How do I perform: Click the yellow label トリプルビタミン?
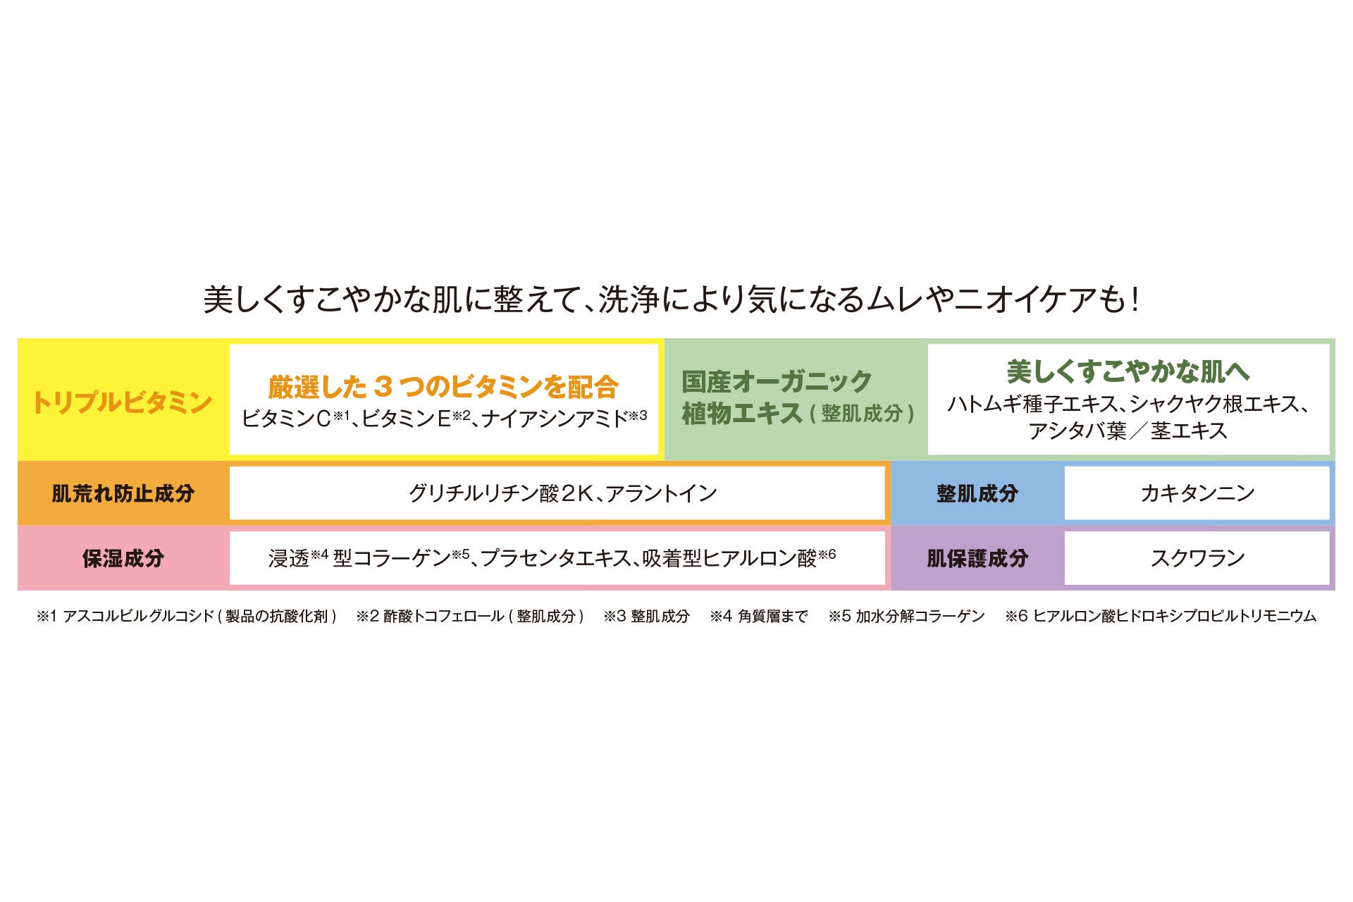(122, 402)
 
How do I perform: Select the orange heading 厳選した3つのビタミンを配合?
(443, 386)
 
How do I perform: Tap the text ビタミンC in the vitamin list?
(286, 419)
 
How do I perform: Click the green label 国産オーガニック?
(777, 382)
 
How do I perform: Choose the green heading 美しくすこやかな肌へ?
(1127, 371)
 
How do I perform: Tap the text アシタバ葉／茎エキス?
(1127, 431)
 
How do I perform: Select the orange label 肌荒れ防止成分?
(123, 493)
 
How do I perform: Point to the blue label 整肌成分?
(977, 493)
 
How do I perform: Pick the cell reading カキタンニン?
(1197, 493)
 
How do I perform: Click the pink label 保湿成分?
(123, 559)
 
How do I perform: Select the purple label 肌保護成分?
(977, 559)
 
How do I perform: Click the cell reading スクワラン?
(1197, 559)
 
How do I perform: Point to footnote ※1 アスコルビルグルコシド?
(187, 617)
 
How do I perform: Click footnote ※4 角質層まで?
(759, 617)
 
